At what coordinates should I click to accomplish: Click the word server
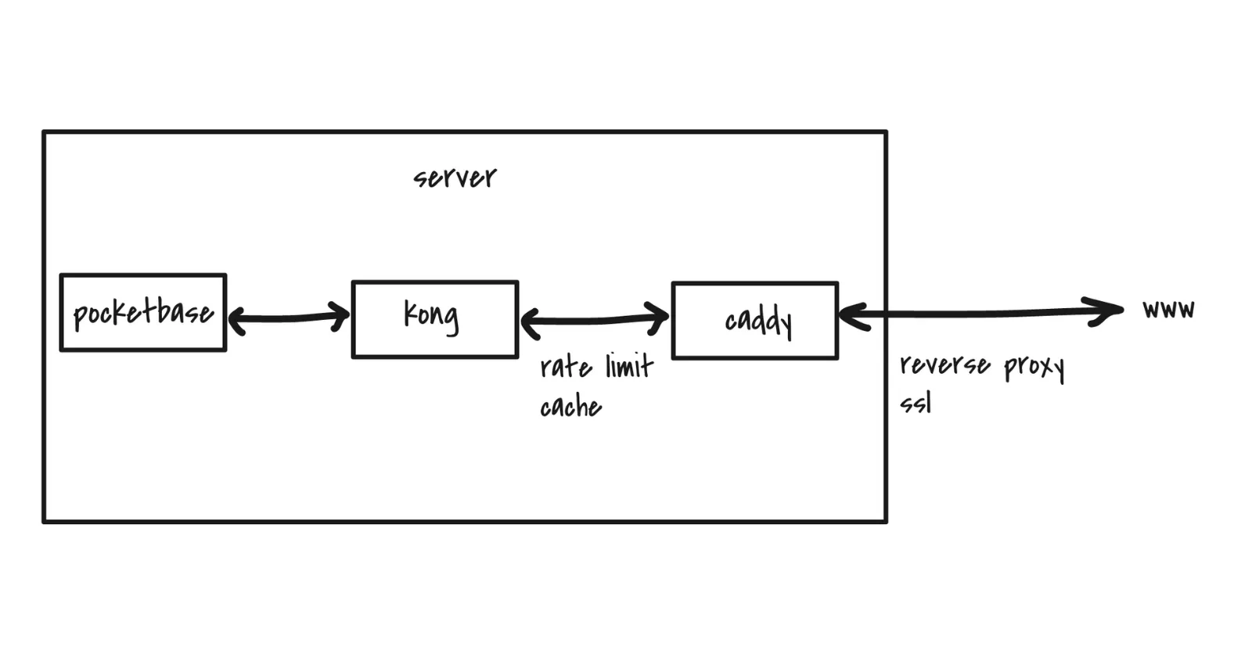[x=455, y=178]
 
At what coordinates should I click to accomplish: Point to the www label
[x=1168, y=309]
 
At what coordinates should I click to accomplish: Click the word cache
[x=570, y=407]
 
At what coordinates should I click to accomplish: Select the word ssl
[x=916, y=404]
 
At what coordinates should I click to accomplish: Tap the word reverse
[x=944, y=365]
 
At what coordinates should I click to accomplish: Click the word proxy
[x=1034, y=366]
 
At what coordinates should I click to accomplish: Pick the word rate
[x=566, y=367]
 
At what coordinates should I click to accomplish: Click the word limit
[x=629, y=365]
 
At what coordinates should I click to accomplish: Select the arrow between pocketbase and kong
[x=289, y=318]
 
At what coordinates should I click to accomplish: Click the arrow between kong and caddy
[x=595, y=320]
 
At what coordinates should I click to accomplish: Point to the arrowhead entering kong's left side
[x=341, y=316]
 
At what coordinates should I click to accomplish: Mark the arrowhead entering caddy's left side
[x=660, y=318]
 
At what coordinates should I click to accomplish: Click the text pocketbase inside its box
[x=143, y=314]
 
